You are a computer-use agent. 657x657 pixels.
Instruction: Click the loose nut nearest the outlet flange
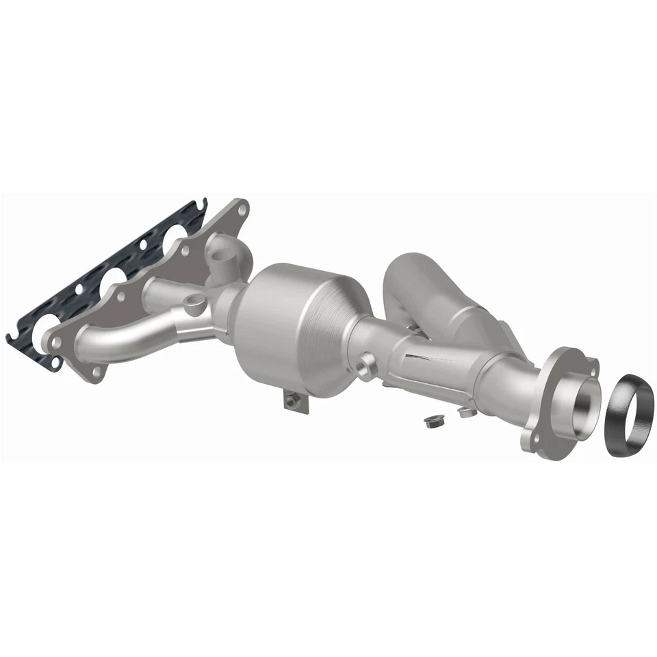click(x=466, y=411)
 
